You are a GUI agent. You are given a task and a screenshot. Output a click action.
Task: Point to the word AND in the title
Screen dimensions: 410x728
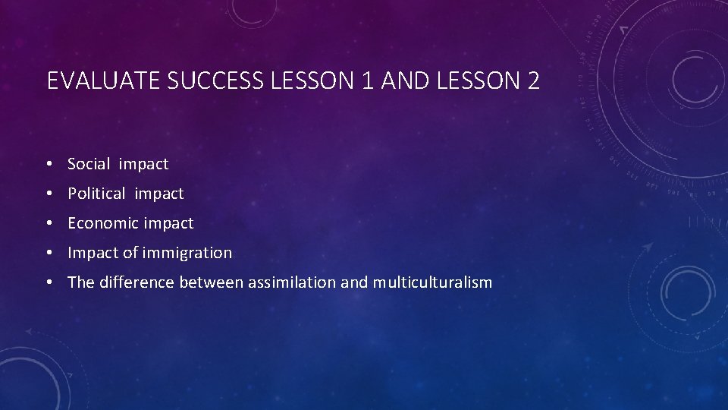pos(403,81)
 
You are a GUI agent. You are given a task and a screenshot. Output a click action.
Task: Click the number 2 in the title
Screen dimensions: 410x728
pos(532,81)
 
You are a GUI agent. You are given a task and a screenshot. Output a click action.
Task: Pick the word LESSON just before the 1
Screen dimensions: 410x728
pos(312,81)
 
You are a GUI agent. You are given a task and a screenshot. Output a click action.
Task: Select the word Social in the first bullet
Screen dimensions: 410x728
pos(89,164)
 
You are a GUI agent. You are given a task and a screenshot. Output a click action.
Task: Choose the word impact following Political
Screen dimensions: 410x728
pos(159,194)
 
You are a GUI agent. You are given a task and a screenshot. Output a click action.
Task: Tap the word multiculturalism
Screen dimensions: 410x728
pos(432,282)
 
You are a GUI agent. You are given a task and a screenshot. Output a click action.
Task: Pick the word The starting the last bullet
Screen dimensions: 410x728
pos(80,282)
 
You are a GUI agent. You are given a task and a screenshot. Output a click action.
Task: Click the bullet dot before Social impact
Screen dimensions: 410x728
pos(49,164)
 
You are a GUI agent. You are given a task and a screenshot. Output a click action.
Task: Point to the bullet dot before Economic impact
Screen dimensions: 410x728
pos(49,223)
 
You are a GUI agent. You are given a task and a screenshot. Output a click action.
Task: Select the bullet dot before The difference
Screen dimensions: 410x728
pos(49,282)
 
